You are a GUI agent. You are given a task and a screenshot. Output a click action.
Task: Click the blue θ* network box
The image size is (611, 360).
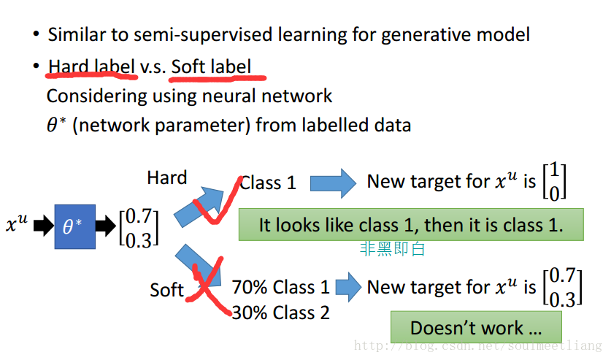tap(74, 226)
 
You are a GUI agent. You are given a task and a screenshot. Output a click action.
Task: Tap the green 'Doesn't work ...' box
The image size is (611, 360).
tap(476, 327)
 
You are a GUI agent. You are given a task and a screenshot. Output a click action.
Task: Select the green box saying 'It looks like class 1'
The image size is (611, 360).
tap(411, 224)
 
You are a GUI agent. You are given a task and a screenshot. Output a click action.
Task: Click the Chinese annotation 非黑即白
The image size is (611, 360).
tap(392, 248)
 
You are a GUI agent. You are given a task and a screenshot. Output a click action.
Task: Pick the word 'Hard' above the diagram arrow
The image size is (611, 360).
tap(166, 177)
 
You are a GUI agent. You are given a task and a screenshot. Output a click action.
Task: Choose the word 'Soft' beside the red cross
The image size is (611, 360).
tap(166, 290)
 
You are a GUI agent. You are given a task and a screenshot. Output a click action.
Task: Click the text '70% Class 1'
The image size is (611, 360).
tap(280, 287)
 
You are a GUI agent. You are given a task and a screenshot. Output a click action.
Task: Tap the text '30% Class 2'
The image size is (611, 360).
tap(280, 313)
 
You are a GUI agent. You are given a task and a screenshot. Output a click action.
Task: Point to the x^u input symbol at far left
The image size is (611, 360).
tap(17, 223)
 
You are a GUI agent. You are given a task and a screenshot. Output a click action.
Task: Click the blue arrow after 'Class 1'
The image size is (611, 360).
tap(333, 183)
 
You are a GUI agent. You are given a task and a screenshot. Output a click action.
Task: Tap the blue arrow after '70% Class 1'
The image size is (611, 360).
tap(348, 287)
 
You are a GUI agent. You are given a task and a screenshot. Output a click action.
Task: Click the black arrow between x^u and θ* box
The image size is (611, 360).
tap(44, 225)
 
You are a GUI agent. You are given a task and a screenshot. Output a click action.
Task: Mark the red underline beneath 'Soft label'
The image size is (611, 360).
tap(218, 79)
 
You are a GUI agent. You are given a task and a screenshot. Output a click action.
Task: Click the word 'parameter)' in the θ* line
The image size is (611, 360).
tap(204, 126)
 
